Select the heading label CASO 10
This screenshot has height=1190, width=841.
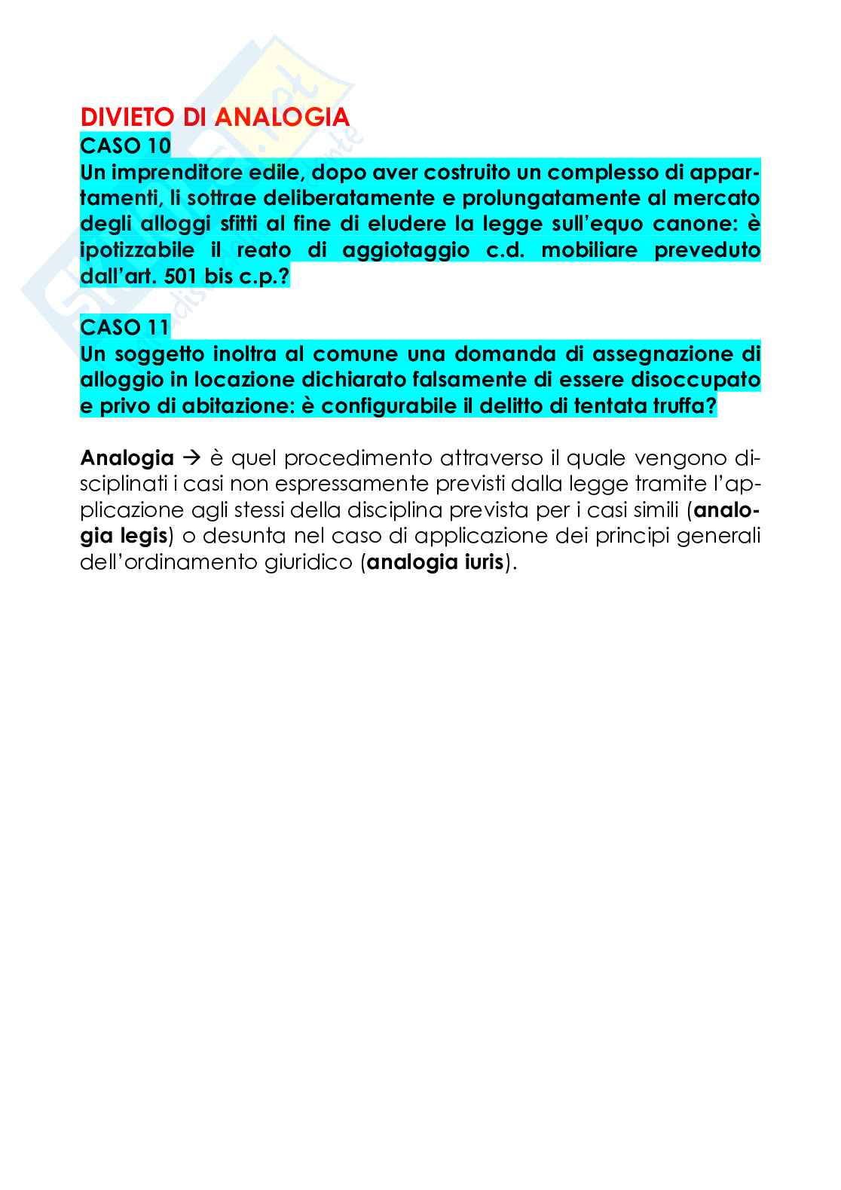pyautogui.click(x=126, y=145)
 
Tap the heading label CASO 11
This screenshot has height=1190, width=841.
pyautogui.click(x=125, y=328)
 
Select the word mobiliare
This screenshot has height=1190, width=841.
pyautogui.click(x=586, y=250)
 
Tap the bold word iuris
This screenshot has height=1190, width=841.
pyautogui.click(x=479, y=563)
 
